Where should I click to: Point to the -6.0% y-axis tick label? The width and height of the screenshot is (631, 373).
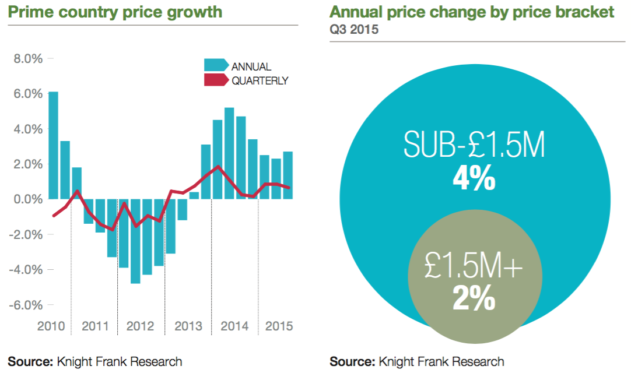click(27, 305)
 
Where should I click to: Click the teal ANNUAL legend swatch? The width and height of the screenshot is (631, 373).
click(216, 66)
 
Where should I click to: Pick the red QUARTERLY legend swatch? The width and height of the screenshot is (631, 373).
click(216, 80)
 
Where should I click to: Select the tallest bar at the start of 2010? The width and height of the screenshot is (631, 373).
click(53, 145)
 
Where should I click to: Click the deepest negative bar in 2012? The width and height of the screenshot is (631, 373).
click(135, 241)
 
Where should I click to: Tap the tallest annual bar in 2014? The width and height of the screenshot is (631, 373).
click(229, 153)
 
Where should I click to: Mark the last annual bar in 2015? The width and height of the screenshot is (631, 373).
click(288, 175)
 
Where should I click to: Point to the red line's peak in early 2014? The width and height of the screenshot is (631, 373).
click(218, 167)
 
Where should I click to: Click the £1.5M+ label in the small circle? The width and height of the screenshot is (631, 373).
click(474, 269)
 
